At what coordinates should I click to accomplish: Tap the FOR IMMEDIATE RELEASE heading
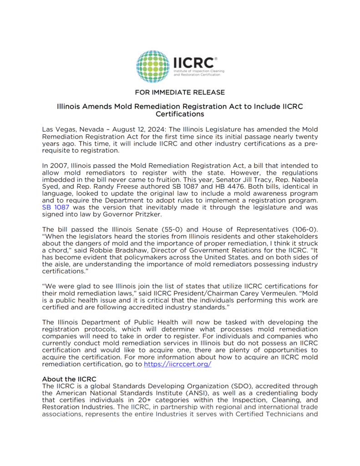pos(180,92)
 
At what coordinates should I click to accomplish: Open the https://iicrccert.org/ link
pos(177,365)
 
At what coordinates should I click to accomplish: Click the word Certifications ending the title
pos(180,114)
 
